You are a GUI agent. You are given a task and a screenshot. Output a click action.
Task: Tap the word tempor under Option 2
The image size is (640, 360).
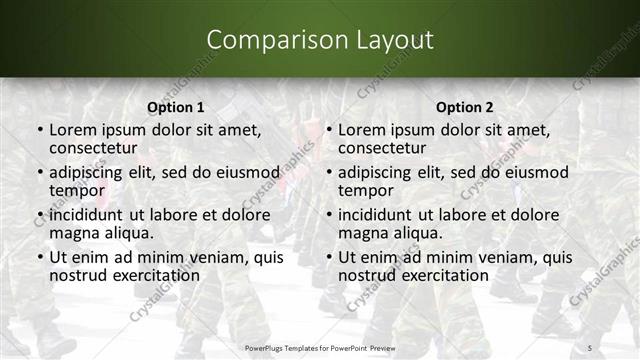364,190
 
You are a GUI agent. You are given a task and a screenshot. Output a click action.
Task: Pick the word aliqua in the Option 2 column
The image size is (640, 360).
412,233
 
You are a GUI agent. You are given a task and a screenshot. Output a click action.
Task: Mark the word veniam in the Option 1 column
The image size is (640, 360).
220,257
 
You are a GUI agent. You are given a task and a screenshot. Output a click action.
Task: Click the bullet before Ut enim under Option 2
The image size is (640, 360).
329,258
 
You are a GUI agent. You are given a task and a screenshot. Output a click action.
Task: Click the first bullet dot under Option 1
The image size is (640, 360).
40,131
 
